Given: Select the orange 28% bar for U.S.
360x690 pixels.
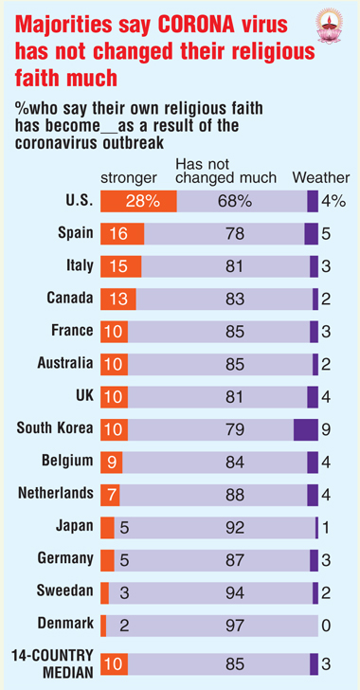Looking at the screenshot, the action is click(138, 202).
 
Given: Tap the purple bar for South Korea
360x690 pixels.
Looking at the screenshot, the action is click(305, 429).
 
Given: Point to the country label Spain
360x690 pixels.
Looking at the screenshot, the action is click(76, 233).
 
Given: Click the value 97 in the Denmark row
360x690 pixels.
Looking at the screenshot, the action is click(234, 626).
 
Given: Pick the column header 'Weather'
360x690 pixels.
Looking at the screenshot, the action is click(321, 177).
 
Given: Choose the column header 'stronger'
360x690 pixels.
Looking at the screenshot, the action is click(129, 178).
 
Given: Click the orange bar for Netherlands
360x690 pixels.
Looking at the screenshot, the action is click(110, 495).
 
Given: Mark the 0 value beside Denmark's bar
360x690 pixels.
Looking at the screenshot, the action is click(326, 626).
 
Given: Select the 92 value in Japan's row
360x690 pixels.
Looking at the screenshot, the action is click(234, 527).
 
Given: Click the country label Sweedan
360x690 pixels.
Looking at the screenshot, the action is click(65, 590).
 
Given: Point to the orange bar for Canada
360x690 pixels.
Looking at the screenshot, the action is click(118, 300).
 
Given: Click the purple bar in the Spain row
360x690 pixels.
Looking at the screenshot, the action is click(311, 234).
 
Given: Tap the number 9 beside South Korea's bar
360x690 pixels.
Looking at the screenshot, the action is click(326, 429).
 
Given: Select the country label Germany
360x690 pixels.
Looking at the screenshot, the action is click(65, 558).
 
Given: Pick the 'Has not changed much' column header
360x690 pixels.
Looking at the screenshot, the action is click(225, 172).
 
